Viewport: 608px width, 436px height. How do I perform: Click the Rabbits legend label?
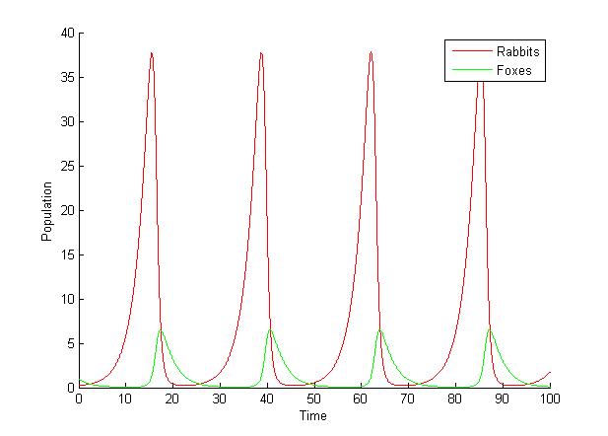[x=518, y=51]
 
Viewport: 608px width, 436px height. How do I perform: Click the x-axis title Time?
[x=313, y=416]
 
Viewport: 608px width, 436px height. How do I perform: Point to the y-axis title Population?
[x=46, y=210]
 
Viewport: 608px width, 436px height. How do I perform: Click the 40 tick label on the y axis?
[x=66, y=33]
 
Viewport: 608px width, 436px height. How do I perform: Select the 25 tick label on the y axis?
[x=66, y=166]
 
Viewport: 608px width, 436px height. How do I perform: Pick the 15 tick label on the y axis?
[x=66, y=254]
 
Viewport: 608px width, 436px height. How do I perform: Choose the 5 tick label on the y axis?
[x=69, y=343]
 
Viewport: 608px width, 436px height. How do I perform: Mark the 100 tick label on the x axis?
[x=549, y=400]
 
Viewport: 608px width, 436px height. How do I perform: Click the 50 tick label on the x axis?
[x=313, y=400]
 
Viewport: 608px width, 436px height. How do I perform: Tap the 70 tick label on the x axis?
[x=408, y=400]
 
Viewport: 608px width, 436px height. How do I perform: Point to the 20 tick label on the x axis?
[x=172, y=400]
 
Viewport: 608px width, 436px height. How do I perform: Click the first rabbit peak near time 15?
[x=152, y=53]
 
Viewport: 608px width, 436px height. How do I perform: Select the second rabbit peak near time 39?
[x=261, y=53]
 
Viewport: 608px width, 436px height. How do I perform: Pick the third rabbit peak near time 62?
[x=371, y=52]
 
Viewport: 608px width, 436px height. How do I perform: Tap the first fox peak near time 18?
[x=161, y=329]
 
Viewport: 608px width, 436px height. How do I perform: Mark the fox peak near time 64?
[x=379, y=329]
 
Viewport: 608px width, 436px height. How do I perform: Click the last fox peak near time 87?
[x=489, y=328]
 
